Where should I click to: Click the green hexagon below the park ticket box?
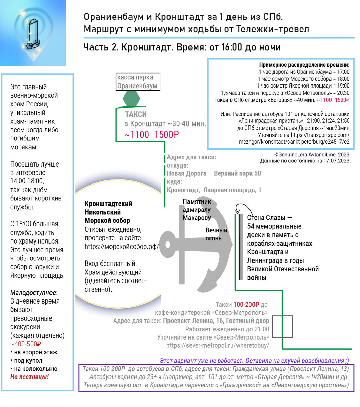[x=131, y=98]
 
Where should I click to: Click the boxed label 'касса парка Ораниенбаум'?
[x=138, y=82]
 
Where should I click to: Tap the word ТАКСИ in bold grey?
[x=136, y=114]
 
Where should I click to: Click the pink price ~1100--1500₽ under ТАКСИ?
[x=152, y=135]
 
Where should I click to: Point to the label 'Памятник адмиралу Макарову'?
[x=197, y=210]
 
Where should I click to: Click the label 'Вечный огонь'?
[x=216, y=234]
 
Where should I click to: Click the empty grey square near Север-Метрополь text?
[x=282, y=327]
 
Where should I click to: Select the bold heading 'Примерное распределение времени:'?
[x=304, y=65]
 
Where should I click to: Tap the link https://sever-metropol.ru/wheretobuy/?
[x=218, y=345]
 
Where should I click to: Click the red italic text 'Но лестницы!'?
[x=29, y=377]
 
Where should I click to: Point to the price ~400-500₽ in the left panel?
[x=26, y=344]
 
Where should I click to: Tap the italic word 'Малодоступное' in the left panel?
[x=33, y=292]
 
